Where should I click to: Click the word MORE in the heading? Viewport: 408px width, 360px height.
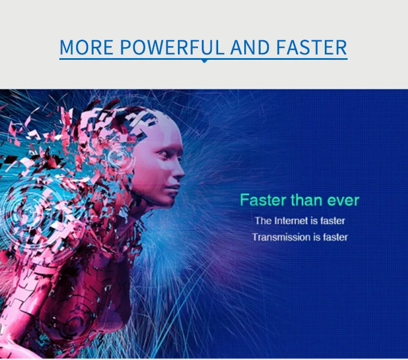[86, 47]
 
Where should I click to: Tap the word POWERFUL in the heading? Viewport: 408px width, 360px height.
[172, 47]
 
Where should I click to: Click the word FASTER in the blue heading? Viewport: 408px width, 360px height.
[312, 47]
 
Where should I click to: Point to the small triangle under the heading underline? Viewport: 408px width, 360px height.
[205, 61]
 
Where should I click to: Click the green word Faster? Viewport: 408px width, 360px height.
[263, 200]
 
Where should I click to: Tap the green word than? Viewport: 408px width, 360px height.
[306, 200]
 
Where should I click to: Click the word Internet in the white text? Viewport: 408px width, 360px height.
[291, 221]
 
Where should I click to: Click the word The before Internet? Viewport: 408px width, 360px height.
[263, 221]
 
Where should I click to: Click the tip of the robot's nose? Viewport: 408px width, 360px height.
[183, 172]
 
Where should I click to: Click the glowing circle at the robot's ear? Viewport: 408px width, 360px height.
[119, 157]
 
